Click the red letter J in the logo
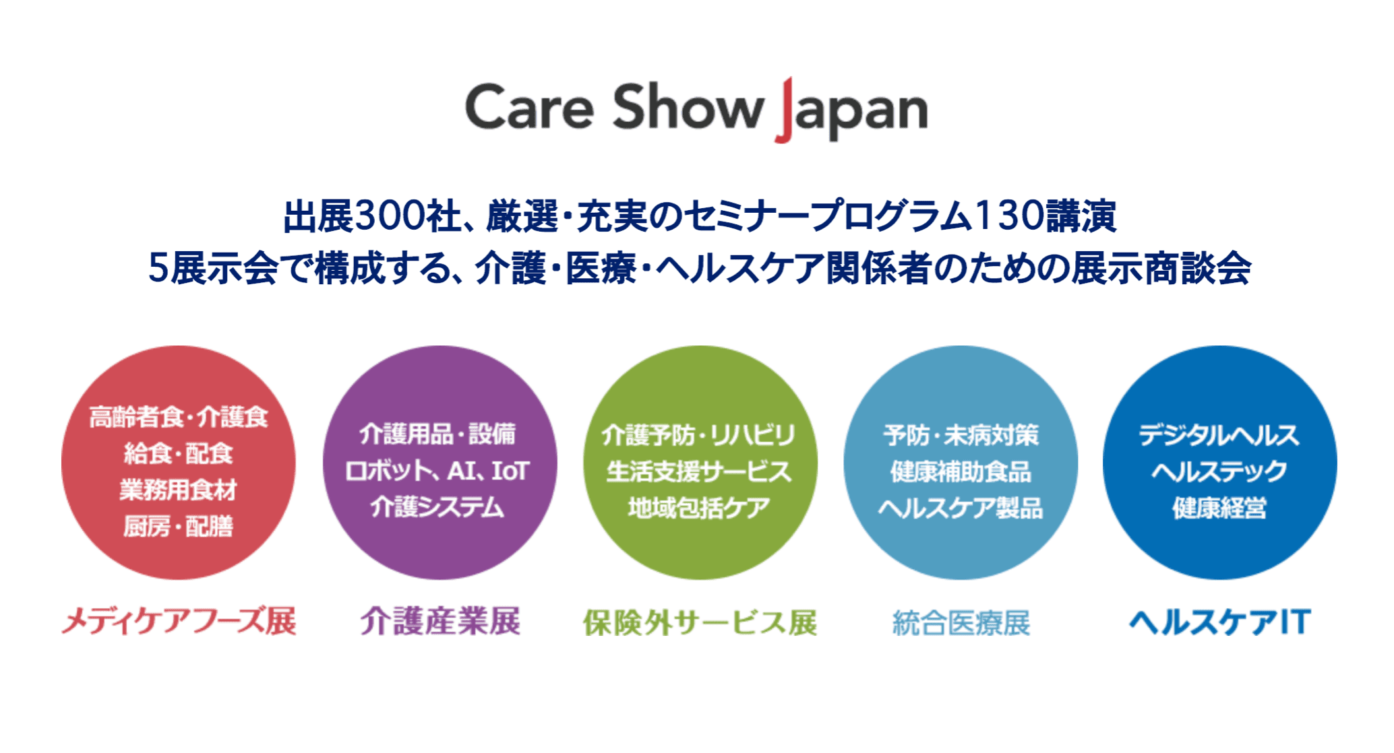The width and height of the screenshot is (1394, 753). click(784, 110)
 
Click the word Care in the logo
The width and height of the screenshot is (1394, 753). click(530, 107)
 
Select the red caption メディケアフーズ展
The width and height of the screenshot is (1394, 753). click(179, 621)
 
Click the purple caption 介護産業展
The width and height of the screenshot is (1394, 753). click(440, 621)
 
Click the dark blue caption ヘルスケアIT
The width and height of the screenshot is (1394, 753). click(1220, 622)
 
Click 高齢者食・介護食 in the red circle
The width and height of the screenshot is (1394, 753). click(179, 417)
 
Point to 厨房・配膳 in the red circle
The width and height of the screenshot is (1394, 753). click(179, 526)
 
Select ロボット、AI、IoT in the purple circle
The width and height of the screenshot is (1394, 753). click(437, 471)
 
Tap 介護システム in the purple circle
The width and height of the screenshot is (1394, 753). click(437, 507)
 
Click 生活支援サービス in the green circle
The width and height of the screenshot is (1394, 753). click(699, 471)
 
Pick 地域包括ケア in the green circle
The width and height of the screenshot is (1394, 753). click(699, 507)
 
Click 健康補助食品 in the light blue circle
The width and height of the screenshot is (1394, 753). click(961, 471)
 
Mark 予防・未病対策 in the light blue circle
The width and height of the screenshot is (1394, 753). click(961, 435)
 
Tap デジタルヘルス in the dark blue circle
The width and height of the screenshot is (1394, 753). click(1219, 435)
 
